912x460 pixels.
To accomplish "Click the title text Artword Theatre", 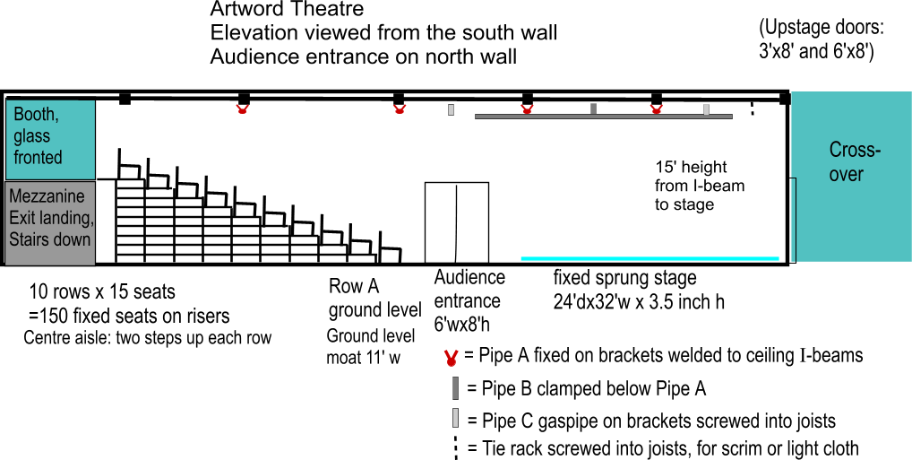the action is point(287,9).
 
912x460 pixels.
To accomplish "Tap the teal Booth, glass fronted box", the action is point(50,140).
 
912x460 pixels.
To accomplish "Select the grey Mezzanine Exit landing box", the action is point(50,222).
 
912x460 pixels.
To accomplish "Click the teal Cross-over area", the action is point(851,177).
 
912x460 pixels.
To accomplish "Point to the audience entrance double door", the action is point(457,222).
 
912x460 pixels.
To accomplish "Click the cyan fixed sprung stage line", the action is point(650,258).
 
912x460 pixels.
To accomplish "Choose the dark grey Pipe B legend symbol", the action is point(455,388).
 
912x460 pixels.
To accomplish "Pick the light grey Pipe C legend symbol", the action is point(455,418).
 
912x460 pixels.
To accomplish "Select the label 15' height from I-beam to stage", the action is point(699,186).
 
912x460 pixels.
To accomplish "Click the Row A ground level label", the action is point(375,298).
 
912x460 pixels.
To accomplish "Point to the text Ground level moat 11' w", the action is point(371,346).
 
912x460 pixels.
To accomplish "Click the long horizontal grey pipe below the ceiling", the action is point(604,117).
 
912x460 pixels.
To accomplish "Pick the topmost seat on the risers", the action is point(130,164).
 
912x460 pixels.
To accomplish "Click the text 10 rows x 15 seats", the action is point(102,291).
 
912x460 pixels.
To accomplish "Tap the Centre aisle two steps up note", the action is point(148,338).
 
